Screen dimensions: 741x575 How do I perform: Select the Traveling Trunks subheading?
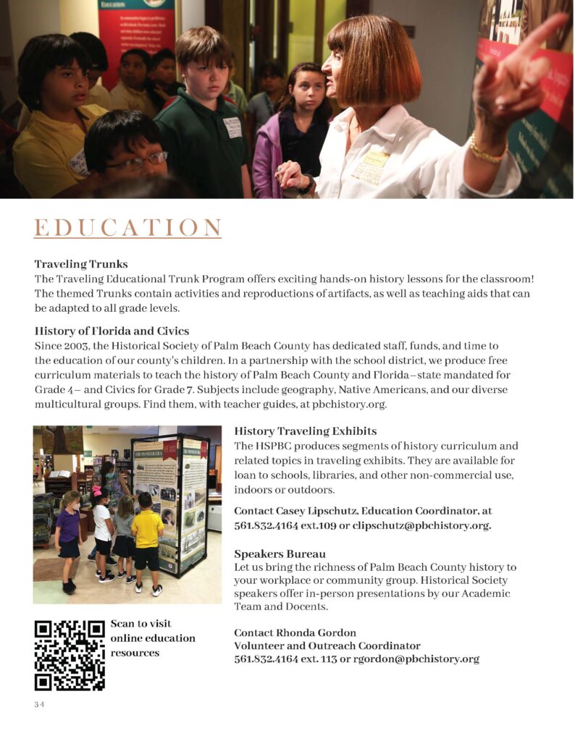81,264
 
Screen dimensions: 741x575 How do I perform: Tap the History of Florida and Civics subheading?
112,331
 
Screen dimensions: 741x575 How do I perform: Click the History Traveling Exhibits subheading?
305,431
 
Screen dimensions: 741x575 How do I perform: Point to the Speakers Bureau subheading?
280,554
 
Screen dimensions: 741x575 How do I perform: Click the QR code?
70,654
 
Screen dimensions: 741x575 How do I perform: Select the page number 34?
39,706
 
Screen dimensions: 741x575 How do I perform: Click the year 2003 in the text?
75,346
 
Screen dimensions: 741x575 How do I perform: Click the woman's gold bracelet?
487,153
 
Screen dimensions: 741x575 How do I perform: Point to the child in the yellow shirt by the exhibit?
147,539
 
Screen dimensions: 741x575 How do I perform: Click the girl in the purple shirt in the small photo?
69,535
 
